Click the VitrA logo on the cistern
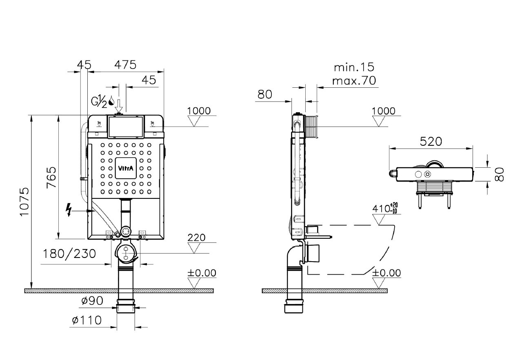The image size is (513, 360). click(126, 168)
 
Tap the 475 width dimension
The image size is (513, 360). click(126, 65)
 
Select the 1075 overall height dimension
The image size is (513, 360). click(24, 202)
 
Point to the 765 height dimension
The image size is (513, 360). click(51, 178)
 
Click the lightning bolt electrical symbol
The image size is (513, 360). click(69, 209)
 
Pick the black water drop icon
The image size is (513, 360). click(111, 100)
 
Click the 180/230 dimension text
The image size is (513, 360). click(69, 254)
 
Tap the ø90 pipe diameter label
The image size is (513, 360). click(92, 301)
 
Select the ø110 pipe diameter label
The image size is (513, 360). click(87, 320)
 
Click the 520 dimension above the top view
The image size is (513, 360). click(431, 142)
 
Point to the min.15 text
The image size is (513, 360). click(354, 67)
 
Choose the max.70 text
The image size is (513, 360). click(354, 80)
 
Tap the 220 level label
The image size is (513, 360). click(196, 238)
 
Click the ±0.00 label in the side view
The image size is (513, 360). click(386, 273)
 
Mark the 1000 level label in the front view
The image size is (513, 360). click(199, 111)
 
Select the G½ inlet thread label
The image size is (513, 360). click(99, 101)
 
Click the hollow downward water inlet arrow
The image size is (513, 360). click(119, 106)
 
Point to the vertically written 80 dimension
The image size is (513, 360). click(499, 174)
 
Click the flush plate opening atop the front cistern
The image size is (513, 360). click(126, 127)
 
